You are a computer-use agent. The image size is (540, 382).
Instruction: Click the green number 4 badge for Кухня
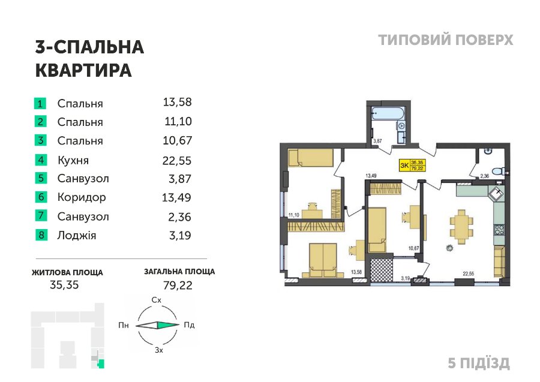(40, 160)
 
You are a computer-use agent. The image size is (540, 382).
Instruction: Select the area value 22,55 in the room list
(177, 160)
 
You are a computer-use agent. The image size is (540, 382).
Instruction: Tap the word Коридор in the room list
(82, 197)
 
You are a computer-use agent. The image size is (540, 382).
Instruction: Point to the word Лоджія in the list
(77, 236)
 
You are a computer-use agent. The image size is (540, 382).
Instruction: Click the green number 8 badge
(41, 235)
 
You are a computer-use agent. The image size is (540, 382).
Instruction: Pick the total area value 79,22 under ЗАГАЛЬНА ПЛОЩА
(178, 285)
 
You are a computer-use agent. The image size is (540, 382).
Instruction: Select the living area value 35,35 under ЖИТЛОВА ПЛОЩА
(64, 285)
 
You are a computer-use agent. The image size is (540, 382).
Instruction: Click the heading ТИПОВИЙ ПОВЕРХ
(446, 40)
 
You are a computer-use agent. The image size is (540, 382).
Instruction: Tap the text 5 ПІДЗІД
(479, 363)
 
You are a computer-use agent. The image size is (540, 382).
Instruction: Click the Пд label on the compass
(189, 325)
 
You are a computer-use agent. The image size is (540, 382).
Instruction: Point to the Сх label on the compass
(157, 300)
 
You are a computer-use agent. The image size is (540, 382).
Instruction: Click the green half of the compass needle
(168, 325)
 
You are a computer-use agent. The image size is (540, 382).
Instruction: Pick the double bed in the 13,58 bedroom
(323, 260)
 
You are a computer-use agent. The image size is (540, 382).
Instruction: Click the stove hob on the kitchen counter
(499, 230)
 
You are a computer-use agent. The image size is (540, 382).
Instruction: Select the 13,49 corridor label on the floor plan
(371, 176)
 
